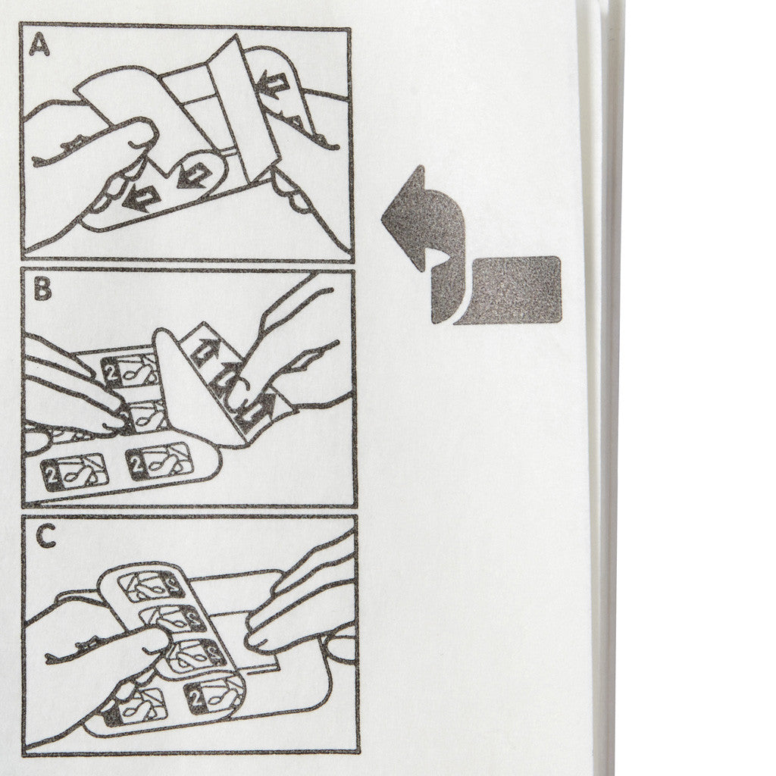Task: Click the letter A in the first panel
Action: click(39, 46)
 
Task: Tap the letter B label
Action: click(42, 289)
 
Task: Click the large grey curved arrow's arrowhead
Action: click(403, 217)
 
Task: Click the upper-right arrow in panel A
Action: click(271, 82)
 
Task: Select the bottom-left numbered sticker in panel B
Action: click(75, 475)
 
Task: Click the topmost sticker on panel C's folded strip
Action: click(152, 587)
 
